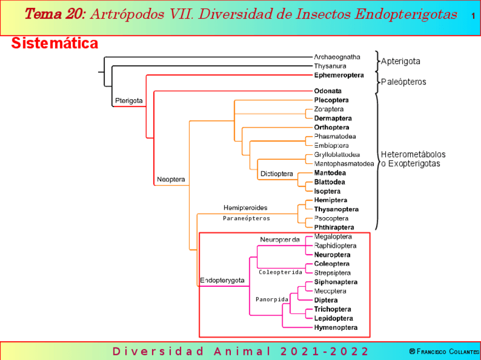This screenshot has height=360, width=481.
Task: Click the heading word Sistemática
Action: point(54,44)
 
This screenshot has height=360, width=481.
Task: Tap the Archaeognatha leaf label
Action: point(337,57)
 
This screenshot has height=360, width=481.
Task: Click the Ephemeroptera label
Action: point(339,75)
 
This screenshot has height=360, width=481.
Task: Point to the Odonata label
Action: point(328,91)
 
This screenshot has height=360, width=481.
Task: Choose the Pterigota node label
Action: point(129,101)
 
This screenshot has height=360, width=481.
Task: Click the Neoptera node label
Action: point(170,180)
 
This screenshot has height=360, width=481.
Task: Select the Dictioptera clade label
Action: point(276,173)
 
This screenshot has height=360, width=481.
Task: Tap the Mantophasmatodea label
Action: point(344,164)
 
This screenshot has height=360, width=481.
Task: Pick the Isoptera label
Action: point(327,191)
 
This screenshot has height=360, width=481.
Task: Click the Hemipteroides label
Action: point(245,208)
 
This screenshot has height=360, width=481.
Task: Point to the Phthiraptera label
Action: point(334,227)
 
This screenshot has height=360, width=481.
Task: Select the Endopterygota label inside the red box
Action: point(222,280)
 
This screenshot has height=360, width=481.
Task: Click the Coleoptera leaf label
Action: point(332,264)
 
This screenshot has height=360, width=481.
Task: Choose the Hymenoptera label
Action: point(336,327)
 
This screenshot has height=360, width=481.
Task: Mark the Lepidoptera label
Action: point(334,318)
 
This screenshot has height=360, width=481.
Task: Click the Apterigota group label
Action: point(400,61)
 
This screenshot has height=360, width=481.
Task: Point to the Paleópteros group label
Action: point(403,82)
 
